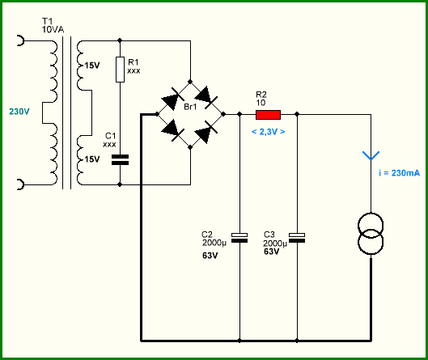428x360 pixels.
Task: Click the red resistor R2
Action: tap(268, 115)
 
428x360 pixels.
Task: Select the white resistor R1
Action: tap(120, 70)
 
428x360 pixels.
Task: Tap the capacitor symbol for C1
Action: tap(120, 159)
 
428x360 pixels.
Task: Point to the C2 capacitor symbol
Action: tap(239, 238)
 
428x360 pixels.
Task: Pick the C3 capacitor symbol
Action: tap(297, 238)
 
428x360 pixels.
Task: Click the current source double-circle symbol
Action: tap(371, 234)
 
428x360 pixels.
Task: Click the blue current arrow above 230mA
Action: tap(371, 156)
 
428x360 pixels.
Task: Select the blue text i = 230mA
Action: tap(400, 173)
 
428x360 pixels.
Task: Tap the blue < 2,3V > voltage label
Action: tap(268, 132)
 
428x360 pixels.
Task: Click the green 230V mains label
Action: tap(19, 112)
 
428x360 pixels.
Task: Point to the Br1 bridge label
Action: tap(190, 107)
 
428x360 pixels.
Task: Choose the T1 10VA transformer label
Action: tap(53, 25)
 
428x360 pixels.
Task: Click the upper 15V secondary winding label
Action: tap(92, 66)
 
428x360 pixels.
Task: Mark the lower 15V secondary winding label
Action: tap(92, 159)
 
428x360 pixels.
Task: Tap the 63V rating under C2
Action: tap(210, 256)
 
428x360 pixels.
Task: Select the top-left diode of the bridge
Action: tap(173, 98)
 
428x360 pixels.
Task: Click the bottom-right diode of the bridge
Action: tap(206, 132)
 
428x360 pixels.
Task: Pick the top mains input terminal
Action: tap(21, 40)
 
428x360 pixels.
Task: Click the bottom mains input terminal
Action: tap(21, 184)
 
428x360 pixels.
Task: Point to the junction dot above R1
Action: tap(120, 40)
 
